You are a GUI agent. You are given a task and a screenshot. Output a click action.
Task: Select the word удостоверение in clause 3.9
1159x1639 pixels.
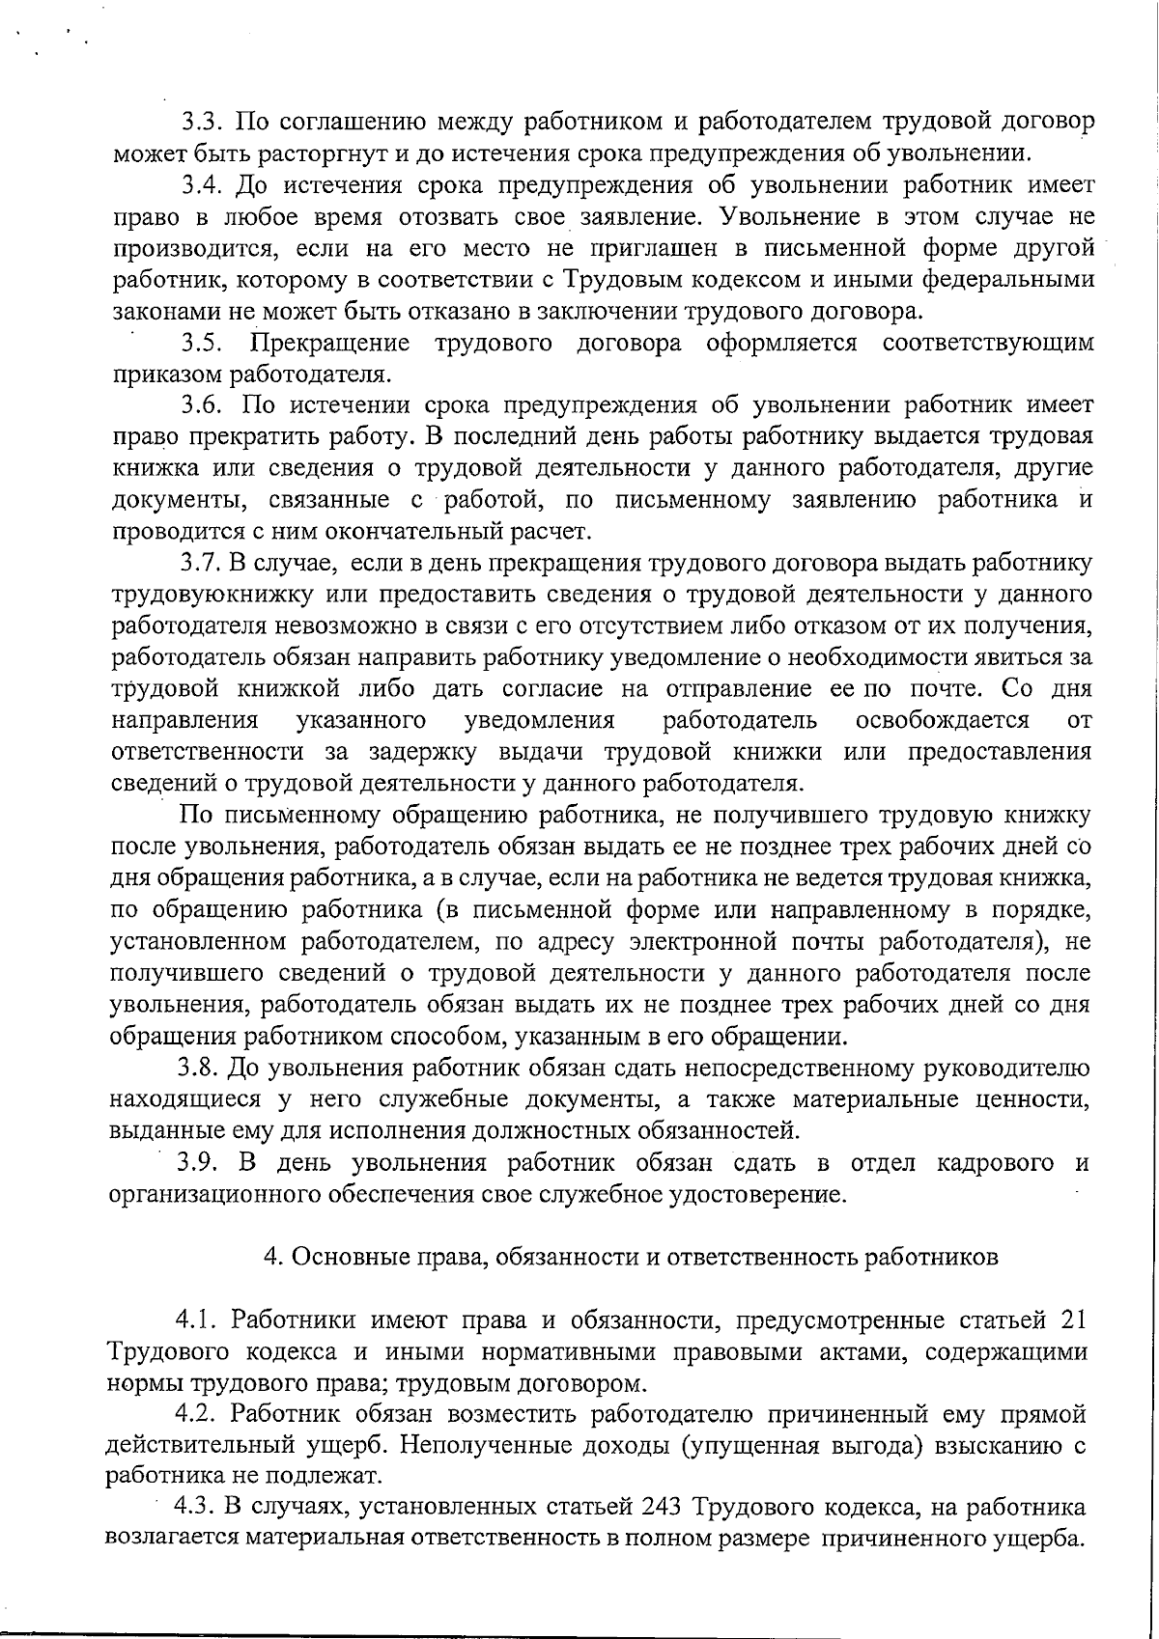(x=756, y=1195)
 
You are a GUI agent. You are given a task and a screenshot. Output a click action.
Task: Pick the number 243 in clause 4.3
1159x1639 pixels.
(x=662, y=1508)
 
